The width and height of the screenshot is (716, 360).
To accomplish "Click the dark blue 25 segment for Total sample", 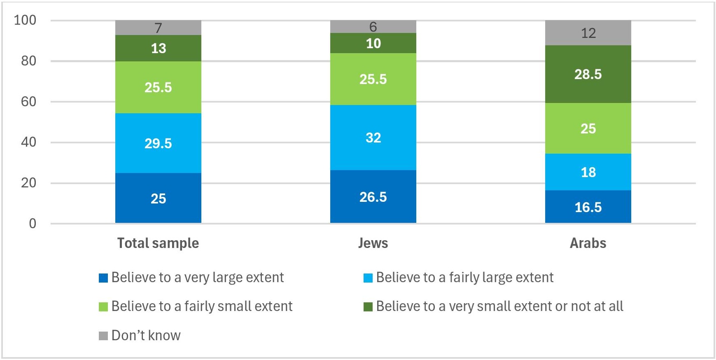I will click(x=158, y=198).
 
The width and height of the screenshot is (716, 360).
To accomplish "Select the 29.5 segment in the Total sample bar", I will click(x=158, y=143).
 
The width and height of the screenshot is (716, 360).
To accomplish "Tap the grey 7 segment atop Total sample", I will click(x=158, y=28).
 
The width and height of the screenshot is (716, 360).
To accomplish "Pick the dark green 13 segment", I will click(x=158, y=48).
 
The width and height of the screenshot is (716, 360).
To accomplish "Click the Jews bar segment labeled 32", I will click(x=373, y=138).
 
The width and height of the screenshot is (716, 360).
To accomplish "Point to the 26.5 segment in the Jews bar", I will click(x=373, y=197).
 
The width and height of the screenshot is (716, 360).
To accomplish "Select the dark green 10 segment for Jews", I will click(x=373, y=43).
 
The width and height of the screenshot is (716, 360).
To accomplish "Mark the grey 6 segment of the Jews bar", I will click(x=373, y=27).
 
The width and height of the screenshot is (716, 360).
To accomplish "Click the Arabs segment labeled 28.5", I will click(x=588, y=74).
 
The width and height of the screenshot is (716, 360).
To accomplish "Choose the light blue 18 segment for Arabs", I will click(x=588, y=172).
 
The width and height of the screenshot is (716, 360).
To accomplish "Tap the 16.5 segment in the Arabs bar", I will click(x=588, y=207).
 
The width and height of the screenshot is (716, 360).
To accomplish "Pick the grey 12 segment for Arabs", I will click(x=588, y=33).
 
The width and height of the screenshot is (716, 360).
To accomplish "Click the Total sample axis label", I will click(x=158, y=243).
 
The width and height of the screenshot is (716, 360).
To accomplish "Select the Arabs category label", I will click(x=588, y=243).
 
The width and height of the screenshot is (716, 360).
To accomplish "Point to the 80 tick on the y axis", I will click(x=28, y=61).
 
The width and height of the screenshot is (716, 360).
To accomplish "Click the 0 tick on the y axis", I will click(x=33, y=224).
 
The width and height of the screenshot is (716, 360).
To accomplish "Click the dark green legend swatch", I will click(x=368, y=307).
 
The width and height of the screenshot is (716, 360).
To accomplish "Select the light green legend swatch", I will click(x=103, y=307).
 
